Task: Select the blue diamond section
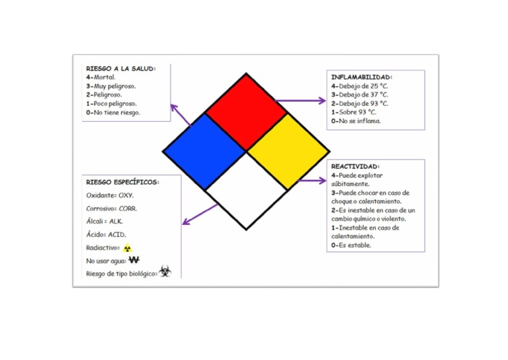pos(204,152)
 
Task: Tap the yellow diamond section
pos(288,152)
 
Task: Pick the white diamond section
pos(246,192)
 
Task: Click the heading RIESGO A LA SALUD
pos(120,68)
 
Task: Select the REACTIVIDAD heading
pos(355,166)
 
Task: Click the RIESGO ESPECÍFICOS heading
pos(122,181)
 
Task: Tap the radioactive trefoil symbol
pos(128,248)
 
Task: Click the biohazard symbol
pos(165,271)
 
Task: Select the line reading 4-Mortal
pos(101,77)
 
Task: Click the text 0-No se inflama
pos(356,121)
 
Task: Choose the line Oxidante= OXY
pos(110,196)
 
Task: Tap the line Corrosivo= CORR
pos(112,208)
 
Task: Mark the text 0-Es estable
pos(351,245)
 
